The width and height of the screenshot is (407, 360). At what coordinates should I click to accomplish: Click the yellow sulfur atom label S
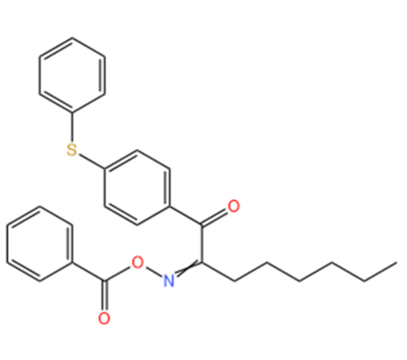pyautogui.click(x=72, y=149)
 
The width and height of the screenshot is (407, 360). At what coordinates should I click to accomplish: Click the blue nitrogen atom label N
pyautogui.click(x=169, y=280)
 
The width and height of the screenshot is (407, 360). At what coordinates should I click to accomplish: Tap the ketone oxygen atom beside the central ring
pyautogui.click(x=234, y=206)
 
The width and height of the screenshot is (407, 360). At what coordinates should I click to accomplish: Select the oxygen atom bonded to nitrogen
pyautogui.click(x=137, y=262)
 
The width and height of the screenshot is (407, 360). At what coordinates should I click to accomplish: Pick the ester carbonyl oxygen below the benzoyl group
pyautogui.click(x=104, y=318)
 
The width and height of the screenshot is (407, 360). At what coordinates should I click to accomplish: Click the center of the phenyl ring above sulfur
pyautogui.click(x=72, y=75)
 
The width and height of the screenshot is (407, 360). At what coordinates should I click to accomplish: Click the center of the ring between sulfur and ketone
pyautogui.click(x=137, y=188)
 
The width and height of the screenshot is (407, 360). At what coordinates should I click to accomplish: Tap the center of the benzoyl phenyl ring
pyautogui.click(x=40, y=244)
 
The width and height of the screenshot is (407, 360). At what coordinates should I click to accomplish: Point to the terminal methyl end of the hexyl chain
pyautogui.click(x=396, y=263)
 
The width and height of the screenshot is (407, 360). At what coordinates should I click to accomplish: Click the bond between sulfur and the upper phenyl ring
pyautogui.click(x=72, y=127)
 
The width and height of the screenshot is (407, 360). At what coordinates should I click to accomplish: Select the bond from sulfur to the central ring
pyautogui.click(x=91, y=161)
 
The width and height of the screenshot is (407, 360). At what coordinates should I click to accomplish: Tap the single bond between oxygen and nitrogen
pyautogui.click(x=153, y=272)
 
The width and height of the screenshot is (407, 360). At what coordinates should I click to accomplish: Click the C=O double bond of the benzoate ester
pyautogui.click(x=104, y=296)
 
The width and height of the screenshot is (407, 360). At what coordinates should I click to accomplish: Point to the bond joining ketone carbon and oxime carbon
pyautogui.click(x=202, y=244)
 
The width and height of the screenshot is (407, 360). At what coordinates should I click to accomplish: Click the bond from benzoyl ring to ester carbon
pyautogui.click(x=88, y=272)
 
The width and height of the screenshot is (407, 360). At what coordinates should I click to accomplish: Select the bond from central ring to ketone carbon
pyautogui.click(x=186, y=216)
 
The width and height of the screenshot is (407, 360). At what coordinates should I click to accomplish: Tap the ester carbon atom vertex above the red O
pyautogui.click(x=104, y=281)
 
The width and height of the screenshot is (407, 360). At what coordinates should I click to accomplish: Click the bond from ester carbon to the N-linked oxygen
pyautogui.click(x=118, y=273)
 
